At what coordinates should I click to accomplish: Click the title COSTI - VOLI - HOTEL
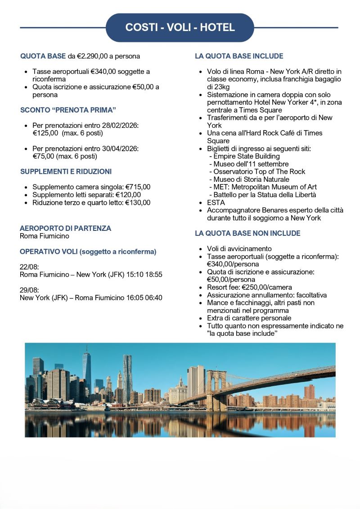[180, 27]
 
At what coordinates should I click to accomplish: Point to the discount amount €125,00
[45, 133]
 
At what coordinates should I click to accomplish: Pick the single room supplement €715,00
[138, 187]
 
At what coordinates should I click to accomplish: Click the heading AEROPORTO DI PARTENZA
[65, 228]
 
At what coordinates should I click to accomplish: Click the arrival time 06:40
[153, 297]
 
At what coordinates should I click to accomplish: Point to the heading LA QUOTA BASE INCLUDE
[239, 56]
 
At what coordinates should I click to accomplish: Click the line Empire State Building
[246, 156]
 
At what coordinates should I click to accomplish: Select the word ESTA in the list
[216, 203]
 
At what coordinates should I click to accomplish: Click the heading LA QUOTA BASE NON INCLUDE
[247, 233]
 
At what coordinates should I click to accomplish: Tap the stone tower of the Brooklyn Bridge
[216, 387]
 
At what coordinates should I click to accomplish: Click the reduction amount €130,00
[138, 203]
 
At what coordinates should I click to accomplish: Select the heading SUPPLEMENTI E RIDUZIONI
[66, 171]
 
